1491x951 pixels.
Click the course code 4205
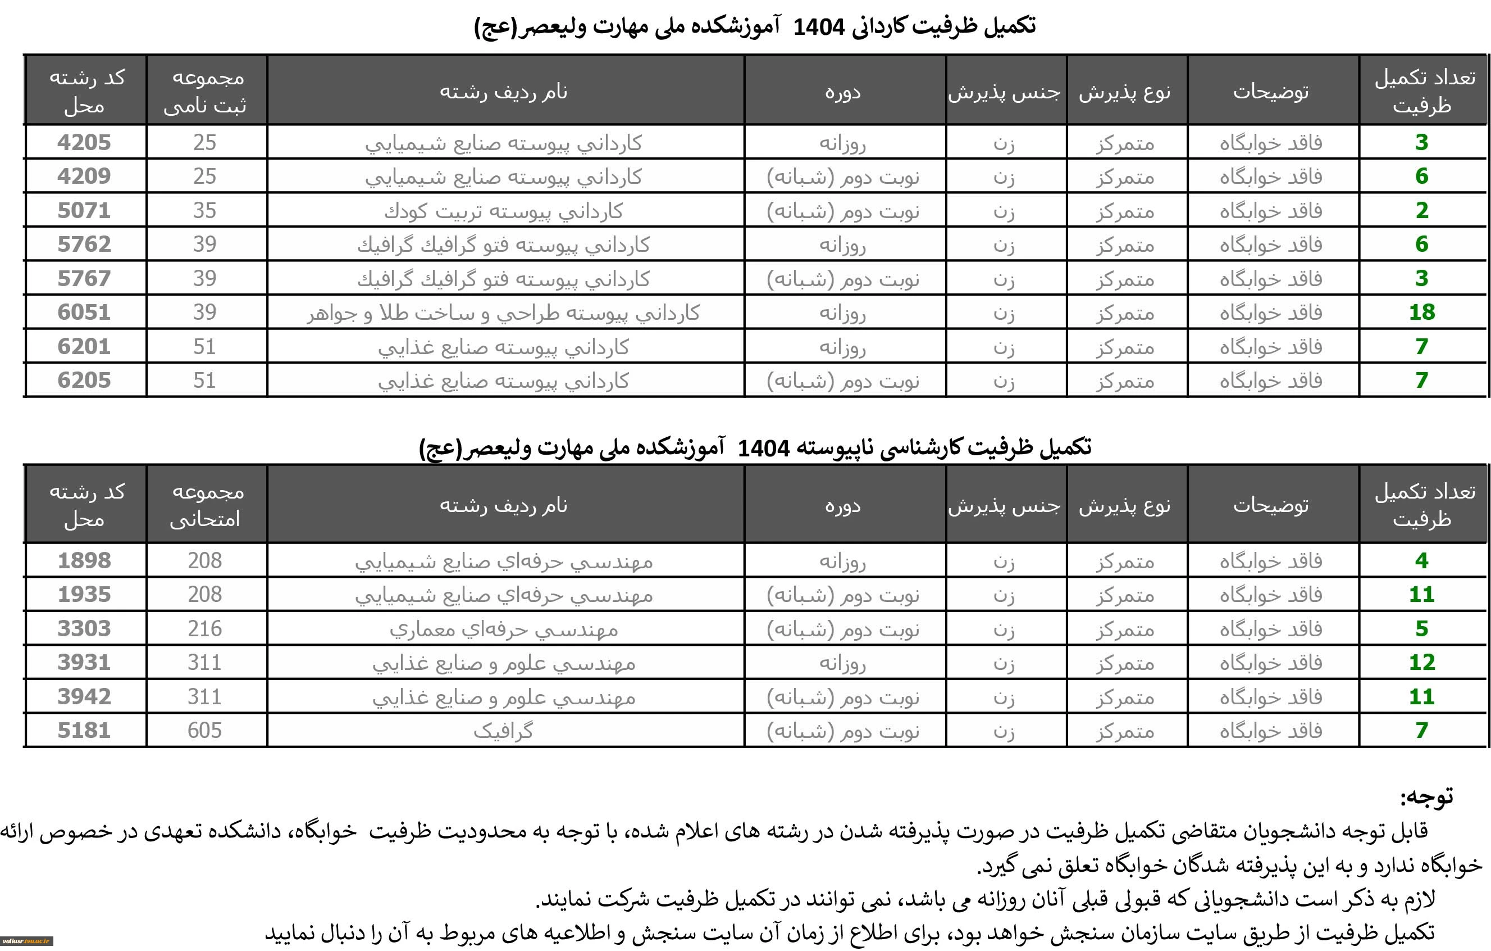(x=84, y=143)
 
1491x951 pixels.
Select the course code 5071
(x=84, y=211)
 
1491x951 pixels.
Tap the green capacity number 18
(x=1422, y=313)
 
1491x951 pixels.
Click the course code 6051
(x=84, y=313)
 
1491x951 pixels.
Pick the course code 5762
(x=84, y=244)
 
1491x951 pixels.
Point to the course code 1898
(x=84, y=561)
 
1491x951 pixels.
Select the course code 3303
(x=84, y=629)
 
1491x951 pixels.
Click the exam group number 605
(x=205, y=731)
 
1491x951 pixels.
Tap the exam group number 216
(x=205, y=629)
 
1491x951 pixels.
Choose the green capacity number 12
(x=1422, y=662)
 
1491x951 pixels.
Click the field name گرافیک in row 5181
(x=503, y=731)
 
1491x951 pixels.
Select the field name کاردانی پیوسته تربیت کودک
(x=503, y=211)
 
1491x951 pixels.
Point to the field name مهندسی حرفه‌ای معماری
(x=503, y=630)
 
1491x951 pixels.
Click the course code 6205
(x=84, y=381)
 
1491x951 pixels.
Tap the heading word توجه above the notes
(x=1426, y=798)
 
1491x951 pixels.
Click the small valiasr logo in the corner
(x=26, y=941)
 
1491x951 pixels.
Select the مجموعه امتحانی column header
(x=207, y=505)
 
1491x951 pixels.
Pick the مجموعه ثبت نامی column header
(x=207, y=91)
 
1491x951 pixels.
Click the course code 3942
(x=84, y=696)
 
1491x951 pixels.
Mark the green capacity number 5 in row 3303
(x=1422, y=629)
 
